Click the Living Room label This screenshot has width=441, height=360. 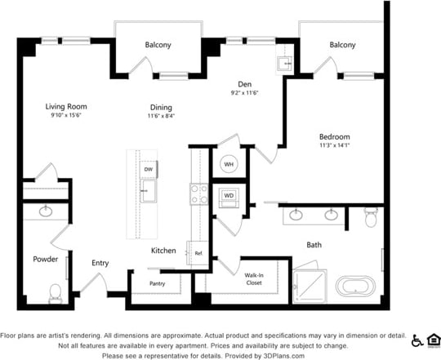point(65,107)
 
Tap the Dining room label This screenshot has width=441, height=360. point(161,107)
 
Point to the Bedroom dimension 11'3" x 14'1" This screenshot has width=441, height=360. point(335,146)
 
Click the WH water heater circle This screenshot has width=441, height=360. point(229,164)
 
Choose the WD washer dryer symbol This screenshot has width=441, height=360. point(228,196)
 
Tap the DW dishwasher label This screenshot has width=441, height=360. point(149,170)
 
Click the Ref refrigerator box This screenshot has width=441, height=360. point(198,253)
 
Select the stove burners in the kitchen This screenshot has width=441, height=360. point(198,193)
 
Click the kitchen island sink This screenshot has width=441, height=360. point(149,193)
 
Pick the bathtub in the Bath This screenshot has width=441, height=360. point(355,287)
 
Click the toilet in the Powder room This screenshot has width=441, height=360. point(56,291)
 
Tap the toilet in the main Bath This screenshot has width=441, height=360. point(372,218)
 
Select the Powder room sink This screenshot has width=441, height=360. point(46,211)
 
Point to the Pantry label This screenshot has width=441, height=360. point(158,284)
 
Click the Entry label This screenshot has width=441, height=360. point(100,263)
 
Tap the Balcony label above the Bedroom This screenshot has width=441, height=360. point(342,45)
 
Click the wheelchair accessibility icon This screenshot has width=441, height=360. point(417,340)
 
